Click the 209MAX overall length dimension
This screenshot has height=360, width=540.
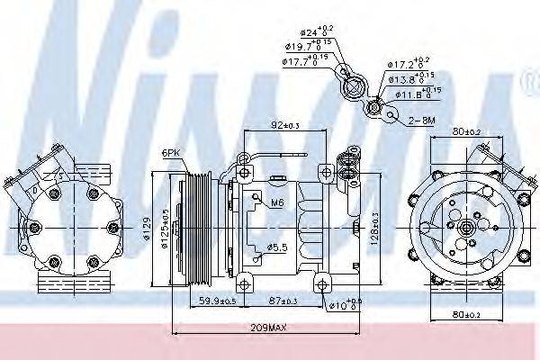(267, 328)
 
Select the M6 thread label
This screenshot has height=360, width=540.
(277, 203)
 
